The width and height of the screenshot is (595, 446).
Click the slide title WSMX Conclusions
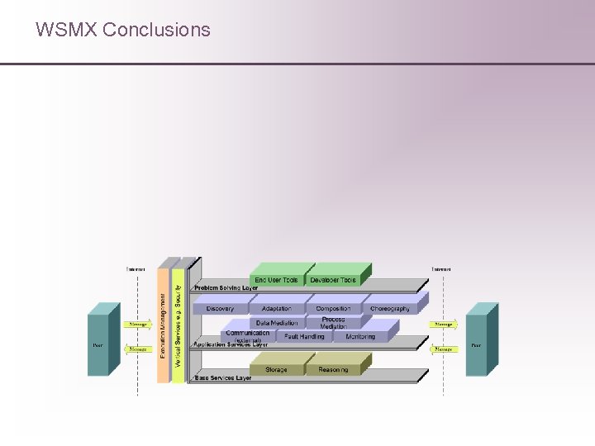click(x=122, y=30)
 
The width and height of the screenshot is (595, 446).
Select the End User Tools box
click(x=276, y=280)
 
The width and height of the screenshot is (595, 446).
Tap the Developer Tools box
click(x=333, y=280)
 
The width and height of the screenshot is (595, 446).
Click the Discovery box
click(x=220, y=309)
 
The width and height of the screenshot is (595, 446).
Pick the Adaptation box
click(x=276, y=309)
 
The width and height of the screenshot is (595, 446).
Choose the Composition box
click(x=333, y=309)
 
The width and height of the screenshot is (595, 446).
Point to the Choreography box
click(x=389, y=309)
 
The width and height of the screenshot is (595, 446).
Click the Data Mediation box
click(x=276, y=323)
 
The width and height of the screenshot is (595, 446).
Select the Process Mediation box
click(x=333, y=323)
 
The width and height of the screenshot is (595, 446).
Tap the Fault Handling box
click(x=304, y=337)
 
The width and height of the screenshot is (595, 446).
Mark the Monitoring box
click(x=360, y=337)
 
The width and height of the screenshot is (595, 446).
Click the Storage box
click(x=276, y=369)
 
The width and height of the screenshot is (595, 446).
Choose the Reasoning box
click(x=333, y=369)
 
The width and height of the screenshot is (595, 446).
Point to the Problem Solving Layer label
click(x=226, y=288)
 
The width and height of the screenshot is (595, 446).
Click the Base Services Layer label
click(x=222, y=378)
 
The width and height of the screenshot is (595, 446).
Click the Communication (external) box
click(x=247, y=335)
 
